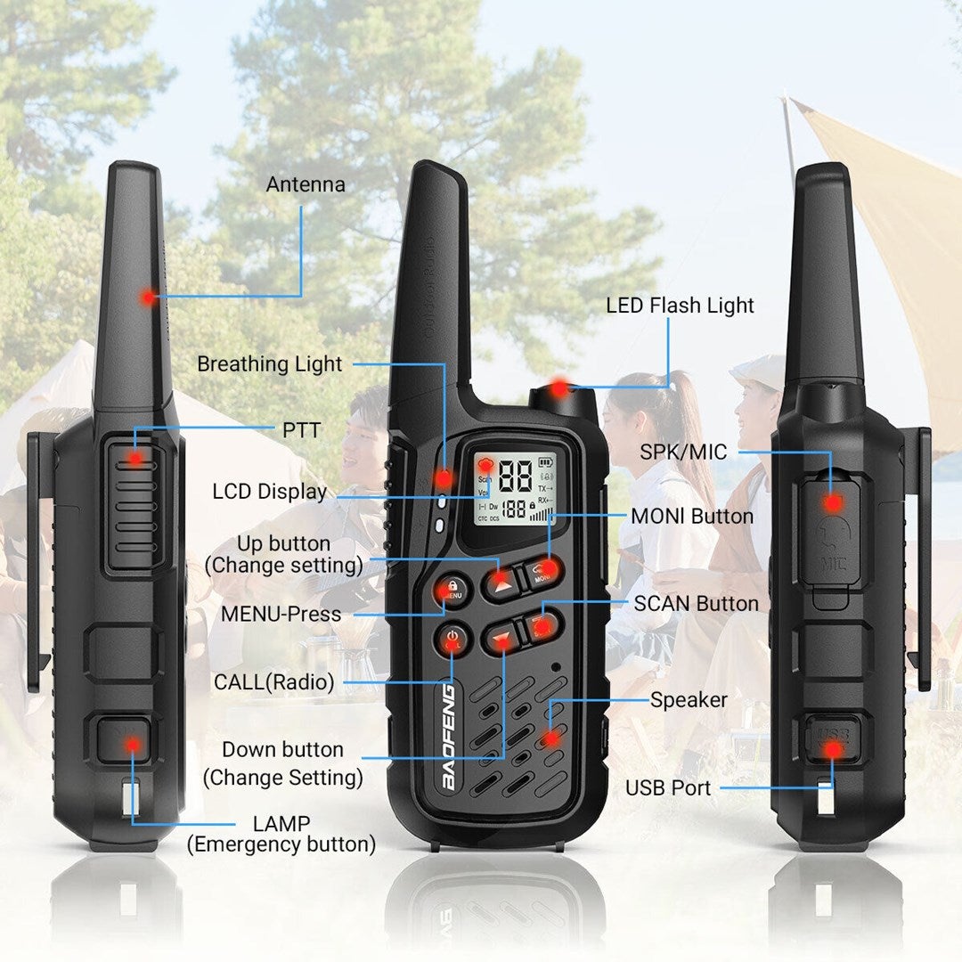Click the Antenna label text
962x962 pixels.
pyautogui.click(x=306, y=185)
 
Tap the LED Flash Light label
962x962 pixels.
pyautogui.click(x=680, y=306)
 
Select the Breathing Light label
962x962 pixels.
pyautogui.click(x=269, y=364)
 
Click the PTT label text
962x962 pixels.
pyautogui.click(x=301, y=430)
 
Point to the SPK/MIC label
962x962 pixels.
pyautogui.click(x=683, y=452)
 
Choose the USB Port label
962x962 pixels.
pyautogui.click(x=668, y=788)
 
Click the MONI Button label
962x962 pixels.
pyautogui.click(x=692, y=517)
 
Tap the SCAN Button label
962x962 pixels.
pyautogui.click(x=696, y=604)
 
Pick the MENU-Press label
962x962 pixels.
pyautogui.click(x=281, y=614)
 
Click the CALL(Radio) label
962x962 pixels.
pyautogui.click(x=273, y=683)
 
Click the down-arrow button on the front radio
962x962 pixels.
pyautogui.click(x=502, y=638)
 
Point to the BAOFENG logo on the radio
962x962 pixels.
pyautogui.click(x=449, y=734)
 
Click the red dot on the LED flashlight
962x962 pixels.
pyautogui.click(x=558, y=388)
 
